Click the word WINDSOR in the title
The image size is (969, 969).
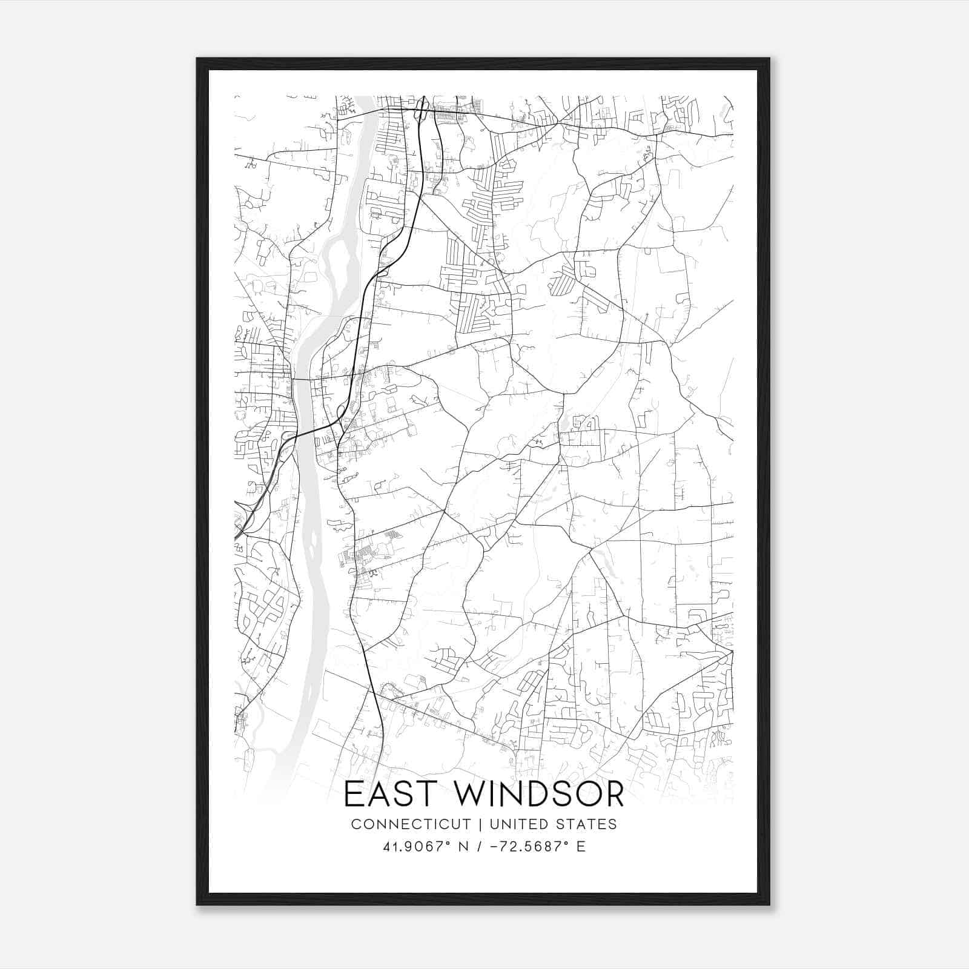(531, 795)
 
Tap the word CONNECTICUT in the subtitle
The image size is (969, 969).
(411, 824)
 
